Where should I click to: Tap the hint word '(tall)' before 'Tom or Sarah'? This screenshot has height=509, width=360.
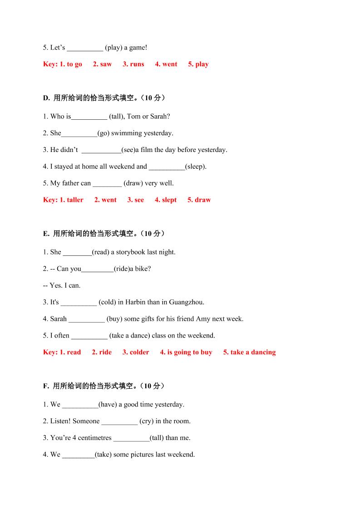click(x=116, y=116)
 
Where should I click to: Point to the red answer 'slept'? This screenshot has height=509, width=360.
click(x=169, y=200)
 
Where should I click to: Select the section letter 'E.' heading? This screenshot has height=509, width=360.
click(x=46, y=234)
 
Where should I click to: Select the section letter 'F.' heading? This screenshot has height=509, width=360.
click(x=46, y=386)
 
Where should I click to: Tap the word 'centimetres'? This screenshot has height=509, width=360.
click(x=94, y=438)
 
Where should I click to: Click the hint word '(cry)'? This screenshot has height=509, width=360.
click(x=146, y=421)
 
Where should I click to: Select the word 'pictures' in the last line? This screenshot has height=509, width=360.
click(x=142, y=454)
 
